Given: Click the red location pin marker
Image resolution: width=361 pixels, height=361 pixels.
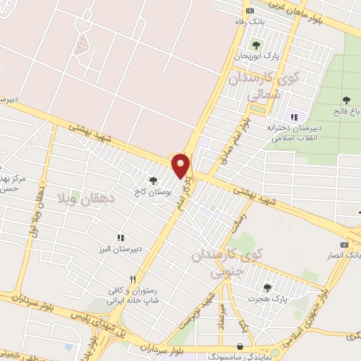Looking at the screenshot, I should [181, 165].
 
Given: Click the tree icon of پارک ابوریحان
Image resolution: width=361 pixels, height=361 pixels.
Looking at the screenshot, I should [255, 46].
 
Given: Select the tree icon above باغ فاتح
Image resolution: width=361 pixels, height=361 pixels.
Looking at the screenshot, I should [345, 99].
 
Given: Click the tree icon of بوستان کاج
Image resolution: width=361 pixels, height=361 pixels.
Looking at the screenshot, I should [153, 180].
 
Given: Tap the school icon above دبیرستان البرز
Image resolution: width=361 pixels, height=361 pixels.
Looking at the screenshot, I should [121, 238].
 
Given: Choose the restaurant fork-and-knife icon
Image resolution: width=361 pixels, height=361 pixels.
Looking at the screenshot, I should [132, 279].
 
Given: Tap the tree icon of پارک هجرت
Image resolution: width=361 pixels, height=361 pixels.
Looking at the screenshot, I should [267, 287].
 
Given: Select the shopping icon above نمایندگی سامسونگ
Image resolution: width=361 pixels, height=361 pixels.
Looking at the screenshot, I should [243, 348].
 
